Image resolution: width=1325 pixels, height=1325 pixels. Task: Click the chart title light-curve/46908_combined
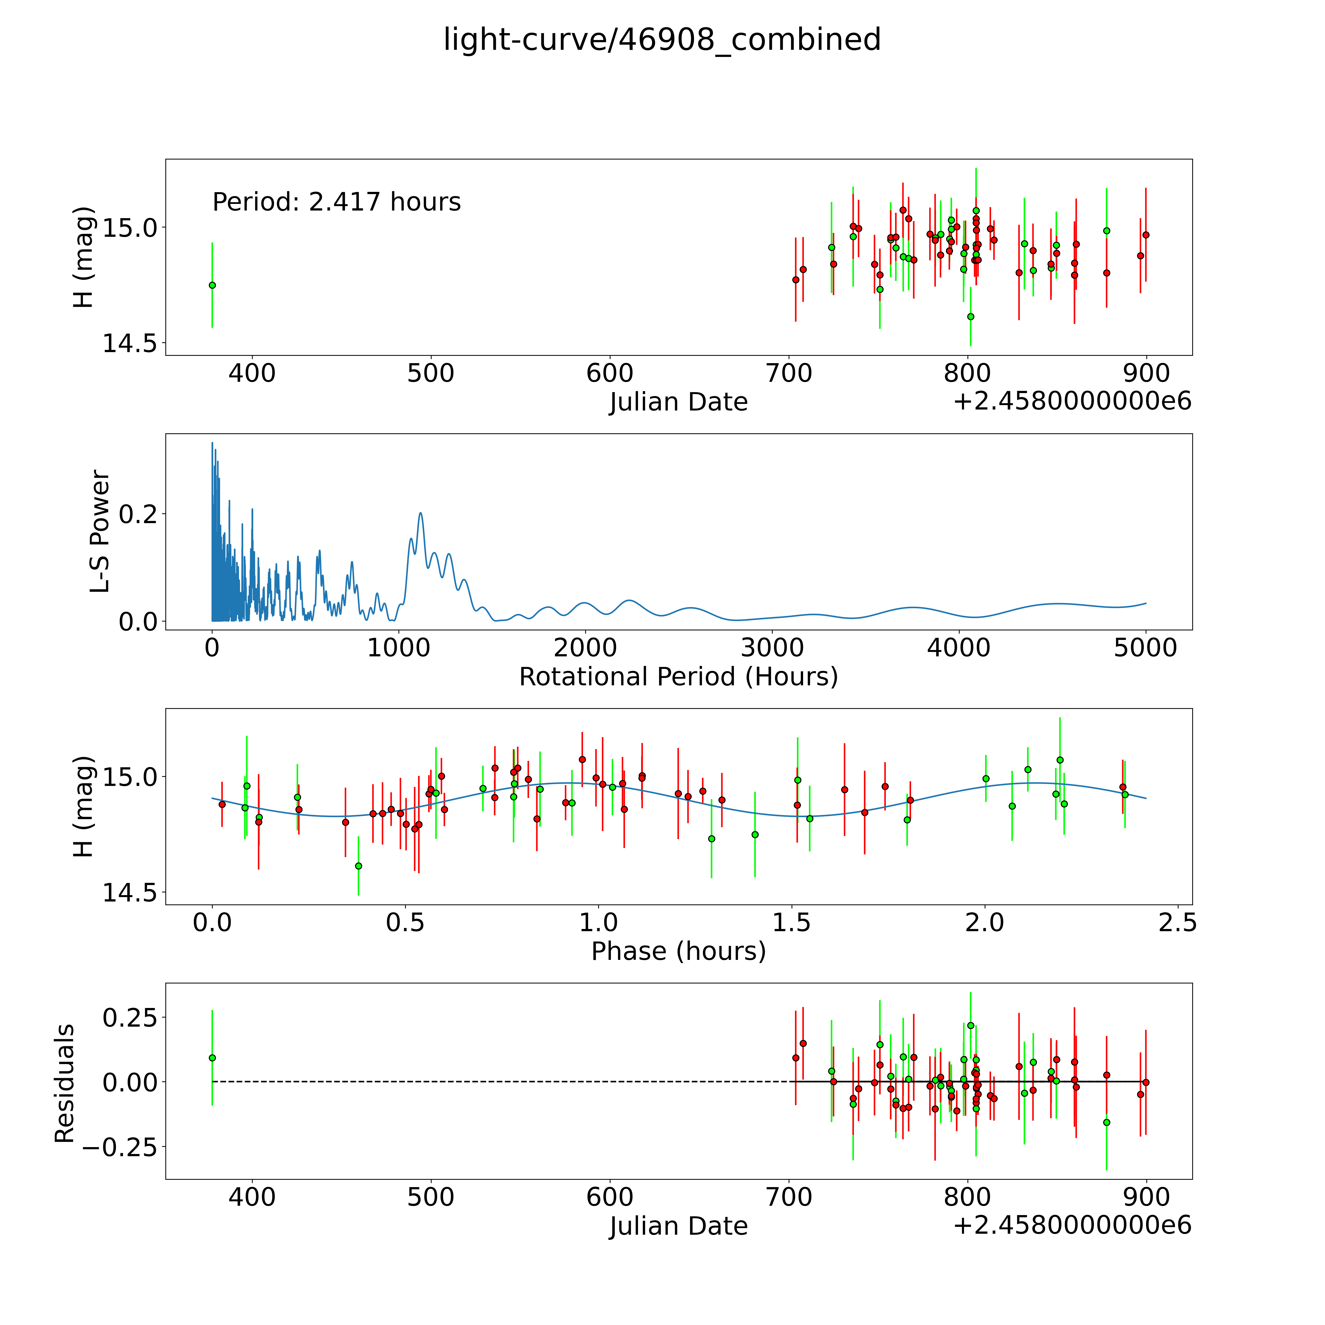click(662, 40)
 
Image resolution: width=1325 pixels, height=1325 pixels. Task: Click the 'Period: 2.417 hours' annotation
click(336, 202)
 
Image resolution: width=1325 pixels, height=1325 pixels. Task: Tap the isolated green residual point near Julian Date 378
click(212, 1058)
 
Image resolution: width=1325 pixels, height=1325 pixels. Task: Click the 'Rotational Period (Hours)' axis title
click(678, 677)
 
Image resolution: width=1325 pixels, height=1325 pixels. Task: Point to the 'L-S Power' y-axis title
click(100, 531)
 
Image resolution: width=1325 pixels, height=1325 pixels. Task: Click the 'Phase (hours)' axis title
click(678, 951)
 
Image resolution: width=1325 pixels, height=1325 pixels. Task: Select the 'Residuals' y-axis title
click(65, 1084)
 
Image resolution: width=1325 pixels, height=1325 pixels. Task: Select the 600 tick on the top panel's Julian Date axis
click(610, 374)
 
